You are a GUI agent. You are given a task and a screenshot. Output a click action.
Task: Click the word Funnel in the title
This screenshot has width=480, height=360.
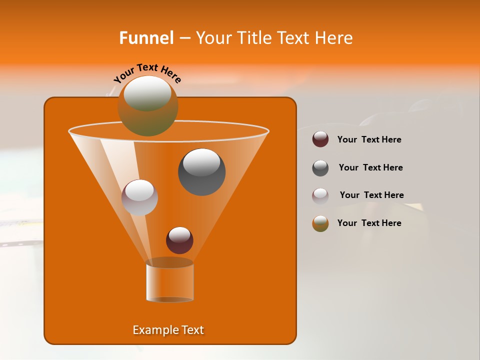tap(146, 38)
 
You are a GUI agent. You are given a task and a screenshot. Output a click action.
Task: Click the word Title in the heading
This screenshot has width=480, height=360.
tap(253, 38)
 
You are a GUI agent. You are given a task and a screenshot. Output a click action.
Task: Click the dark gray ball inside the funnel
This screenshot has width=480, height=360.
tap(201, 172)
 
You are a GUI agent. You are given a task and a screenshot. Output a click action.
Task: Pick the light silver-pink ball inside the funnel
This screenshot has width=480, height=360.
tap(139, 197)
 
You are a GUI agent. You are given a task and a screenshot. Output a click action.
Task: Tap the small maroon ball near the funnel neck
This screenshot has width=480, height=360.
tap(179, 240)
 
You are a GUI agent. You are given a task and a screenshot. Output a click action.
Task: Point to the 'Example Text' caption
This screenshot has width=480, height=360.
tap(168, 330)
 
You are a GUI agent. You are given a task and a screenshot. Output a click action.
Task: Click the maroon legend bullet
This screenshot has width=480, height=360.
tap(320, 139)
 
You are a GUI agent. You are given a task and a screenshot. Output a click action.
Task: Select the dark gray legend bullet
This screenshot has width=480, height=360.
tap(320, 168)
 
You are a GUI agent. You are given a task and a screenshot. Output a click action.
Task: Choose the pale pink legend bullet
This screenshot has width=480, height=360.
tap(320, 195)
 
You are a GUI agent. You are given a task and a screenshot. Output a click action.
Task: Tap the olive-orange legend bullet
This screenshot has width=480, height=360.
tap(320, 223)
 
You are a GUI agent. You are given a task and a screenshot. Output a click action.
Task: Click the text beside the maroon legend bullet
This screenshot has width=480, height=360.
tap(369, 140)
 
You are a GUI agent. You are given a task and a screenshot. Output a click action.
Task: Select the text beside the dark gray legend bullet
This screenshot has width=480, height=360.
tap(370, 168)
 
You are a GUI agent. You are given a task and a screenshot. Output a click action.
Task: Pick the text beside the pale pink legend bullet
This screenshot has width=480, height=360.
tap(371, 195)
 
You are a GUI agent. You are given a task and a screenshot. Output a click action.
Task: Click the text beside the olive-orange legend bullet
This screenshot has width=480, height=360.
tap(369, 223)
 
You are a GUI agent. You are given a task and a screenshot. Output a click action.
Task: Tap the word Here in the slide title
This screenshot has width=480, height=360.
tap(334, 38)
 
